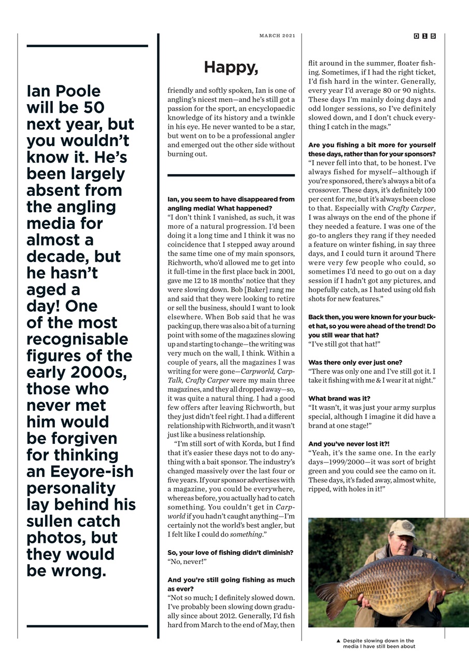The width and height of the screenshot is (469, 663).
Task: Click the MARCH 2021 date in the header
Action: coord(277,36)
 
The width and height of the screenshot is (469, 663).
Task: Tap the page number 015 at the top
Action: coord(425,36)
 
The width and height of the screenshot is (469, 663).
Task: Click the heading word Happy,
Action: coord(231,67)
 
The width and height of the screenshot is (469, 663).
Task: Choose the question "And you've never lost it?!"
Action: coord(349,444)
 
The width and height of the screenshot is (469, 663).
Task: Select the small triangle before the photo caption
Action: coord(338,641)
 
